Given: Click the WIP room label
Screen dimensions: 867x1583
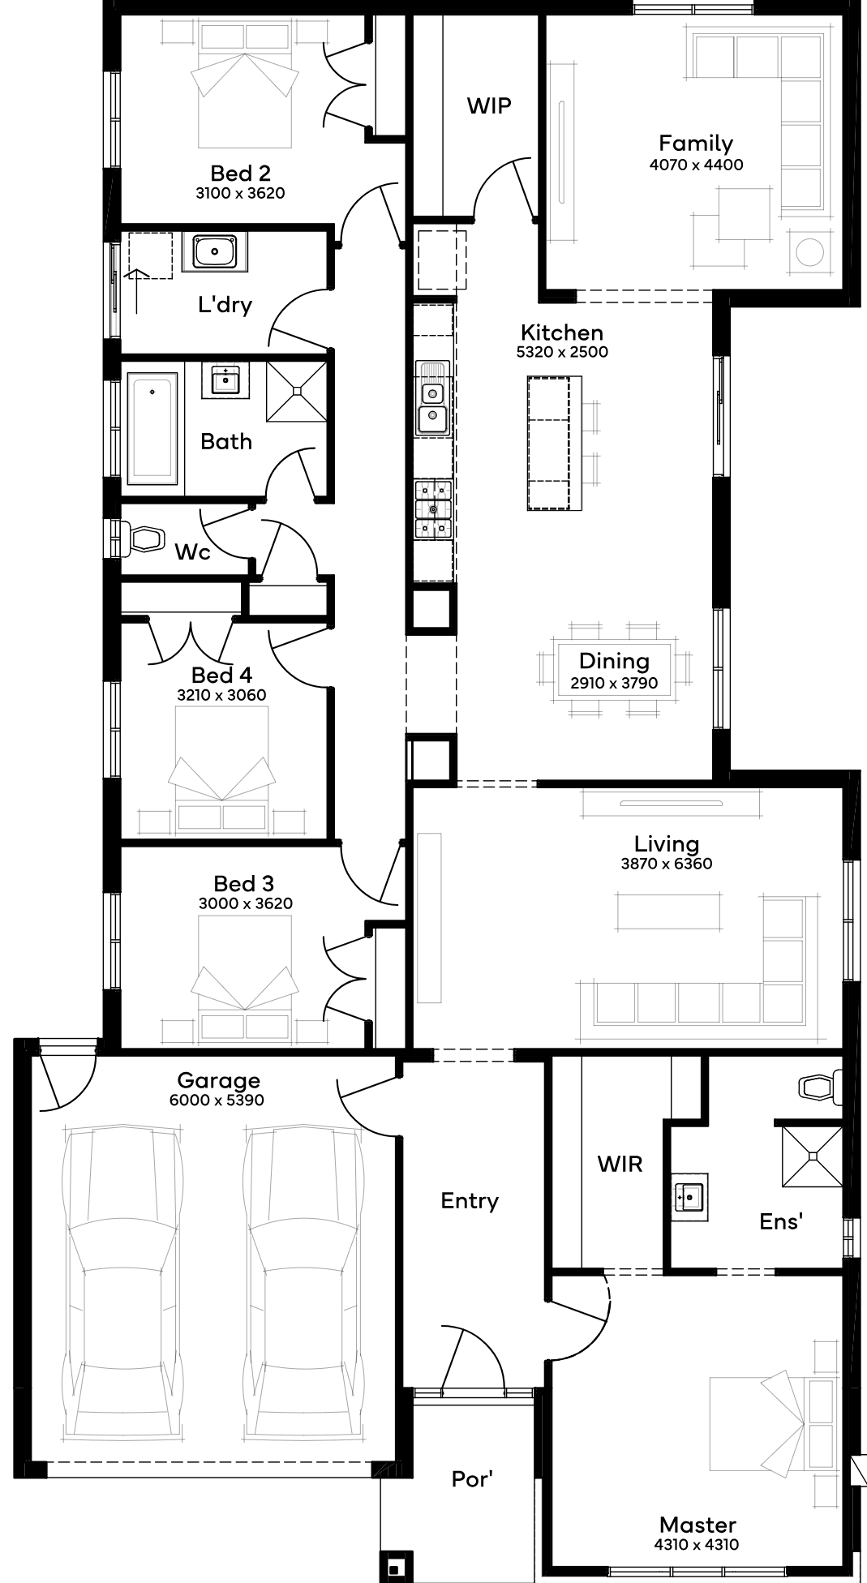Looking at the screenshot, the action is (x=489, y=105).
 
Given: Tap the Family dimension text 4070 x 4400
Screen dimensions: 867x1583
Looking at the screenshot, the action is (x=696, y=165).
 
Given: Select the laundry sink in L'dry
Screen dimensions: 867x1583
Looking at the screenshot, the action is (x=215, y=251).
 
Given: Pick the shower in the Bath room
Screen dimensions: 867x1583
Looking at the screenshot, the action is (x=297, y=392).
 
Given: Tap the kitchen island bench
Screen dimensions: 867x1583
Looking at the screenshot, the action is (x=555, y=443).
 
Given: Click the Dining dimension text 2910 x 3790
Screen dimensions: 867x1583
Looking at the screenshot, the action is (x=614, y=683).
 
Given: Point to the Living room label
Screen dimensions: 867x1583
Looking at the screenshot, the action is (x=667, y=844).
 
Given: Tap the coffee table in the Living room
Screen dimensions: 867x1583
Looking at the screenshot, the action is (x=668, y=911).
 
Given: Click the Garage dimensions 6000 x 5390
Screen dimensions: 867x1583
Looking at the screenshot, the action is (x=217, y=1100).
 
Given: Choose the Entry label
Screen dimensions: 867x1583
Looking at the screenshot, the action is (x=470, y=1201).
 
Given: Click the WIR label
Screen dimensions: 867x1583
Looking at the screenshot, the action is (x=620, y=1165).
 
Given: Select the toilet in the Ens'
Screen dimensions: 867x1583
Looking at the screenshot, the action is (x=820, y=1088).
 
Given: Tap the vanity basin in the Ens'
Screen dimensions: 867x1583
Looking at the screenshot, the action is (x=691, y=1196).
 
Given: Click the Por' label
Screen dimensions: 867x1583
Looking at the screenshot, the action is (x=472, y=1479).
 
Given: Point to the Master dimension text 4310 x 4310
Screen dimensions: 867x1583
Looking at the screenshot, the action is (x=696, y=1545).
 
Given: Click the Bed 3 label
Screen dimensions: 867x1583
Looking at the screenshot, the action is (x=244, y=883).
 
